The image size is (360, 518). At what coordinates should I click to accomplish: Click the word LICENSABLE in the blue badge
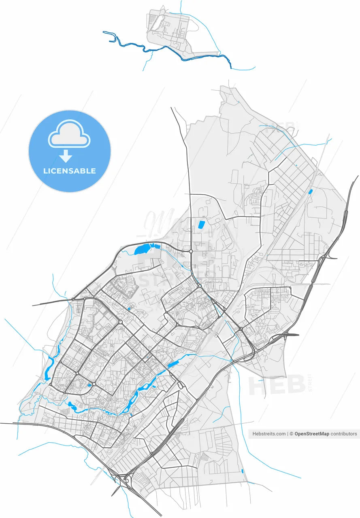[70, 171]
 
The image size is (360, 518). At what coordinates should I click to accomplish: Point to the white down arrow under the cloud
[66, 156]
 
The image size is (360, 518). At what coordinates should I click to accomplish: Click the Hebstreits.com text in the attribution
[269, 434]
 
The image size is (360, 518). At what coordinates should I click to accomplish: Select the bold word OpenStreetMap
[311, 434]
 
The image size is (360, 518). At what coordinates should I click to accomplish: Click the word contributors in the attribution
[344, 434]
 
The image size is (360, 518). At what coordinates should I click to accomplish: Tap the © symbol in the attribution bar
[291, 434]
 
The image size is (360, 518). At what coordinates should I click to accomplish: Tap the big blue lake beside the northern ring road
[142, 248]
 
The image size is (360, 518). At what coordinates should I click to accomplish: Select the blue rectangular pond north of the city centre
[201, 225]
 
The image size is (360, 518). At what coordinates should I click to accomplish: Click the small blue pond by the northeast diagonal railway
[311, 191]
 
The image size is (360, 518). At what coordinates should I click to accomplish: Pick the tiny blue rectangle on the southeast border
[242, 471]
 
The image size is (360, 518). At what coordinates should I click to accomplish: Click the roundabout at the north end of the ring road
[190, 251]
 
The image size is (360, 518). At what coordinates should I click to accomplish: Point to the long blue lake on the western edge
[49, 366]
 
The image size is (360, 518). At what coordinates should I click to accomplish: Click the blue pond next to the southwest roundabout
[89, 385]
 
